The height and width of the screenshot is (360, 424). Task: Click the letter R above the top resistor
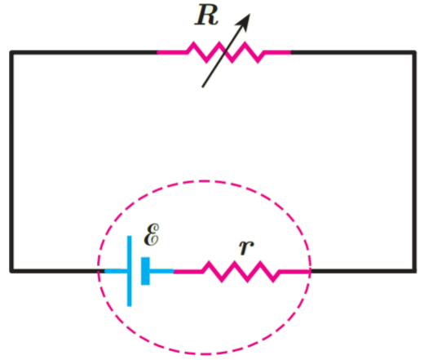[x=206, y=16]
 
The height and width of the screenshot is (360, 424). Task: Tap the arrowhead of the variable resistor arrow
[x=244, y=21]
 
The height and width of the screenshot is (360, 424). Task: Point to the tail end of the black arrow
[x=202, y=87]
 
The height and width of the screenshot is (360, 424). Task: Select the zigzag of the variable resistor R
[x=225, y=52]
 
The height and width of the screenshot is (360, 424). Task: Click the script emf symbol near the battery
[x=152, y=235]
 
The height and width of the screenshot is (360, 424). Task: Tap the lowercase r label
[x=246, y=247]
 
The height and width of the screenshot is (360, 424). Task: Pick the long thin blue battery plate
[x=130, y=271]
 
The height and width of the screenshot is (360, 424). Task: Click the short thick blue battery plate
[x=145, y=271]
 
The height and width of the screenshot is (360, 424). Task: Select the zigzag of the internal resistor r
[x=241, y=272]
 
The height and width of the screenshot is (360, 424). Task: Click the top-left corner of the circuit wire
[x=11, y=52]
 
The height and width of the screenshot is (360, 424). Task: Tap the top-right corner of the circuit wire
[x=414, y=52]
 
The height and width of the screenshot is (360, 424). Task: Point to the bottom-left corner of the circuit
[x=11, y=271]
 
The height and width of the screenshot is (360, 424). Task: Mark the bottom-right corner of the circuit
[x=414, y=271]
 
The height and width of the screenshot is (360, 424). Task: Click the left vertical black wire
[x=11, y=162]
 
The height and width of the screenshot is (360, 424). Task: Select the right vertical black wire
[x=414, y=162]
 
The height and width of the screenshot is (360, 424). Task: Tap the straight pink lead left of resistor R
[x=172, y=52]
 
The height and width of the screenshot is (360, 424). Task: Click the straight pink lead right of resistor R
[x=277, y=52]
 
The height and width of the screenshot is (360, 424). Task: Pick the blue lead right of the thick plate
[x=162, y=271]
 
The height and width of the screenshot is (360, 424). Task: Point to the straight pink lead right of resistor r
[x=294, y=271]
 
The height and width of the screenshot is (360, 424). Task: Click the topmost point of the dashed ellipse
[x=204, y=180]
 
